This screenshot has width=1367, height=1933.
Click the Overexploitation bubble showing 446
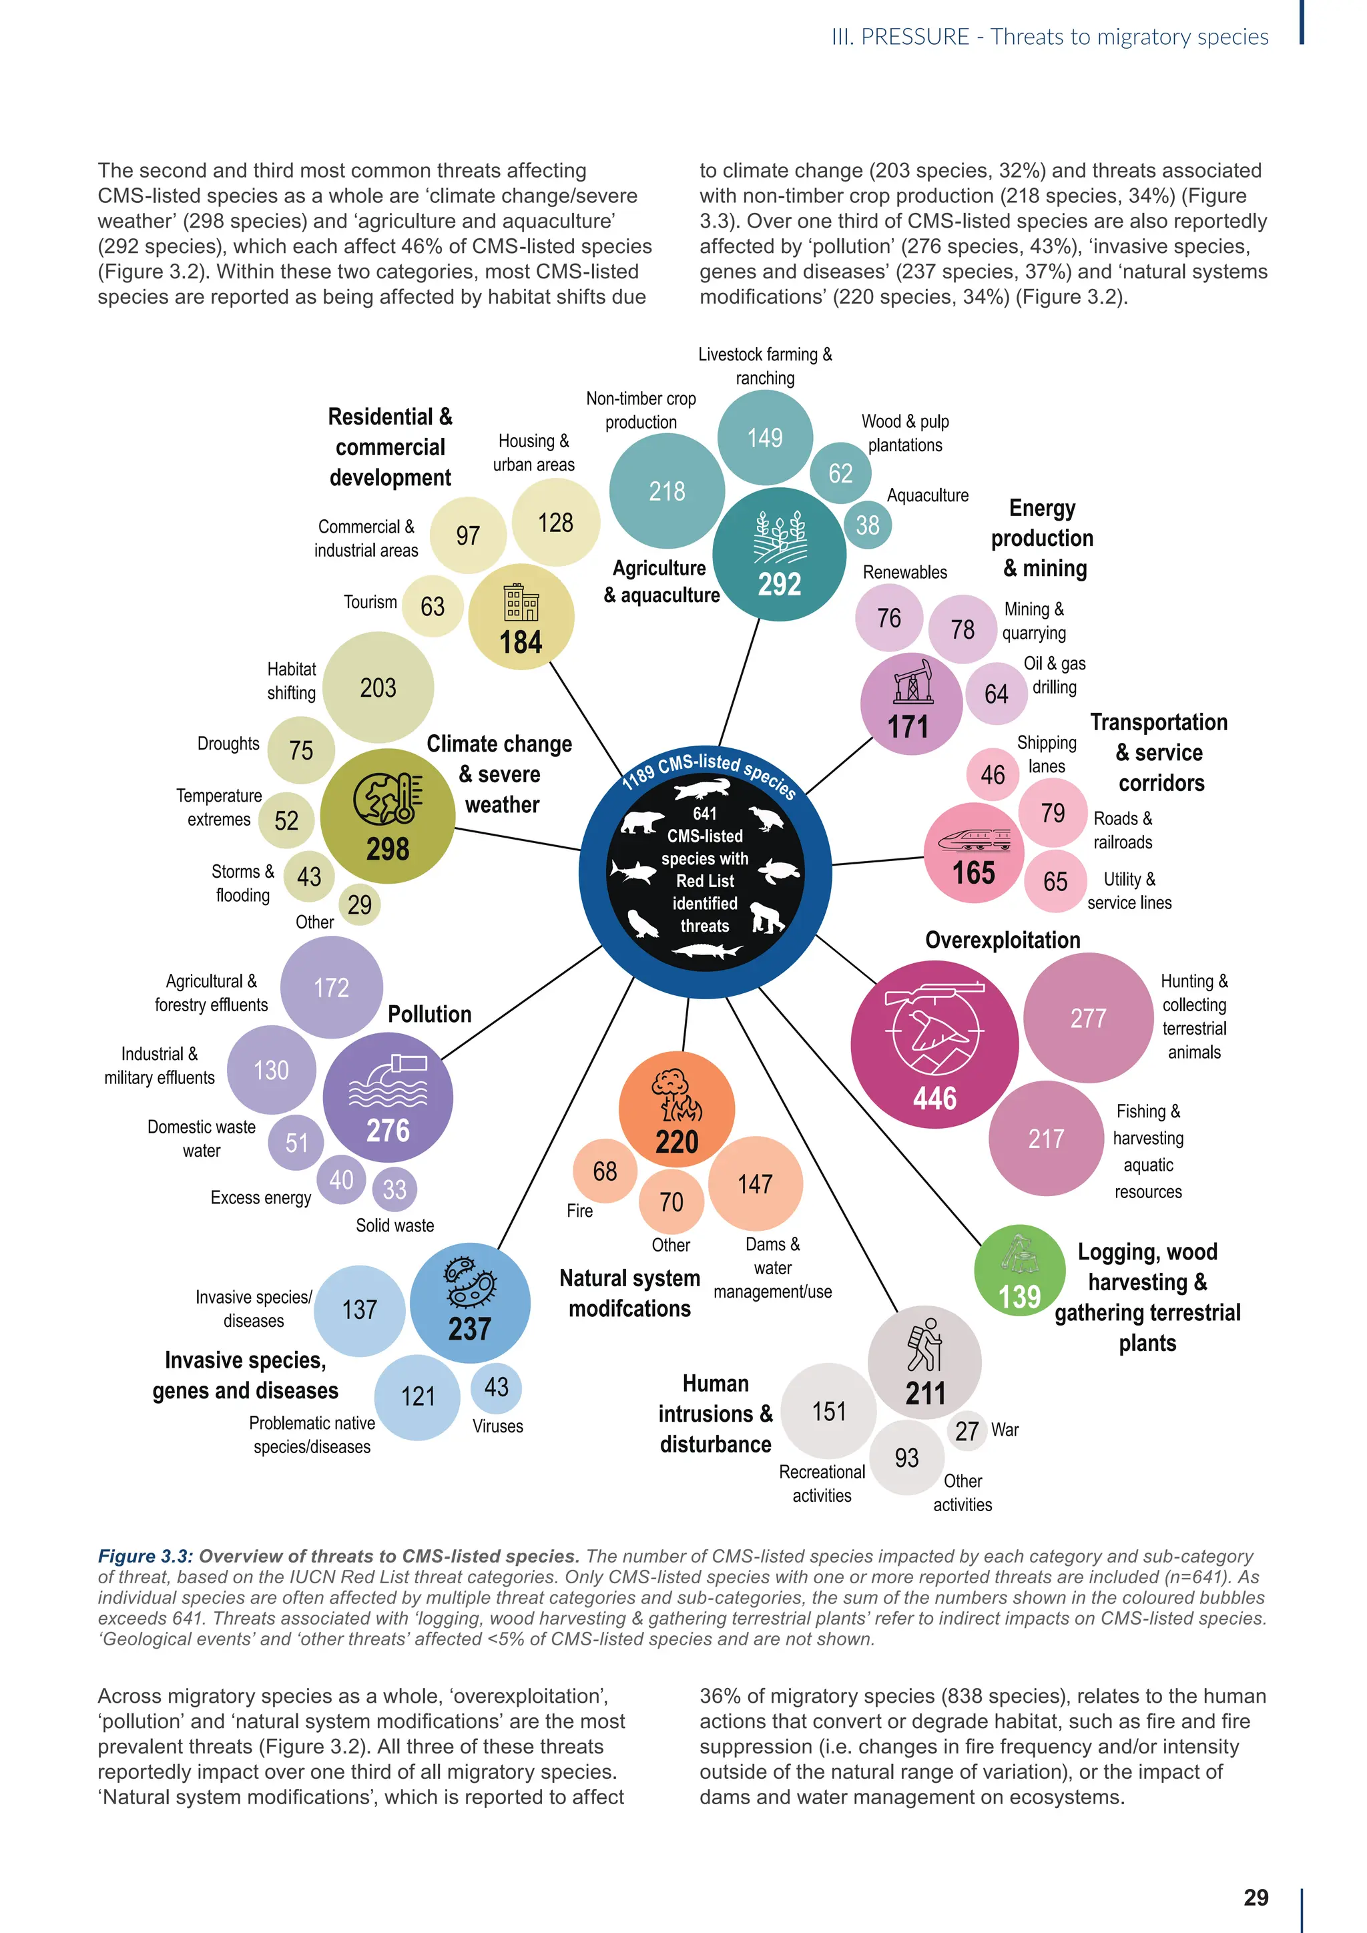point(934,1044)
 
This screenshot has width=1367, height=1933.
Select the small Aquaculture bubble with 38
point(867,525)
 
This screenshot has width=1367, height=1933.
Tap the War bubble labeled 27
point(967,1430)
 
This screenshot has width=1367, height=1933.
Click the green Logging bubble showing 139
point(1019,1270)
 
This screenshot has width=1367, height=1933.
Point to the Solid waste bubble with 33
point(394,1189)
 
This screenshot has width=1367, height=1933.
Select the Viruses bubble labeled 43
point(496,1386)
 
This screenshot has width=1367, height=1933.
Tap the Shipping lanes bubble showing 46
point(993,774)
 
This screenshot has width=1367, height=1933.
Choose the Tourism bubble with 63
point(433,606)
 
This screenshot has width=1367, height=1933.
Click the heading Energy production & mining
point(1042,538)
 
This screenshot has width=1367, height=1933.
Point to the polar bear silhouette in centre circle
point(641,821)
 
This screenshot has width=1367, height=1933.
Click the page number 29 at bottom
point(1256,1898)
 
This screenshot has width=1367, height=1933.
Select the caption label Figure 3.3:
point(146,1557)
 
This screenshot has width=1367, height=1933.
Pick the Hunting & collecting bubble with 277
point(1087,1018)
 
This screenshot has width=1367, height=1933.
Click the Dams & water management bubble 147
point(755,1183)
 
